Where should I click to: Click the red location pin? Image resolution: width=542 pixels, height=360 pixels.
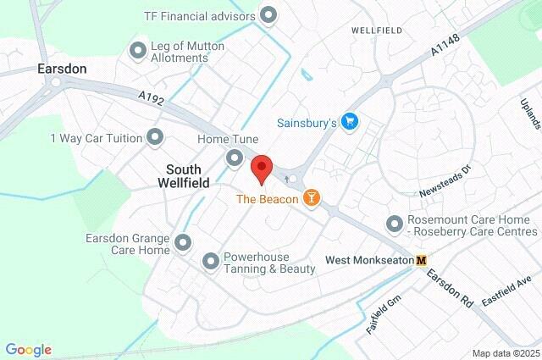tap(261, 168)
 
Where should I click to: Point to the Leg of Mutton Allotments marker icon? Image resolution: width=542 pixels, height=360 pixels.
tap(137, 51)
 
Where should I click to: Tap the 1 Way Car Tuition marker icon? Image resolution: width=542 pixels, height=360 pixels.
tap(154, 136)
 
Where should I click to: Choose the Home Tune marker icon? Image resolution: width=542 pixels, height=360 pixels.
tap(235, 158)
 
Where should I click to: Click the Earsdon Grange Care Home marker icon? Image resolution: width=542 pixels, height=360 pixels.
tap(183, 245)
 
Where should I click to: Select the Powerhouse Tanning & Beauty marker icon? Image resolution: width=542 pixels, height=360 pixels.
tap(210, 262)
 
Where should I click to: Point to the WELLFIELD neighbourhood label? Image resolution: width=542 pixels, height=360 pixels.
tap(376, 30)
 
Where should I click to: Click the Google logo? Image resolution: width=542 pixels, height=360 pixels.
tap(29, 350)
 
